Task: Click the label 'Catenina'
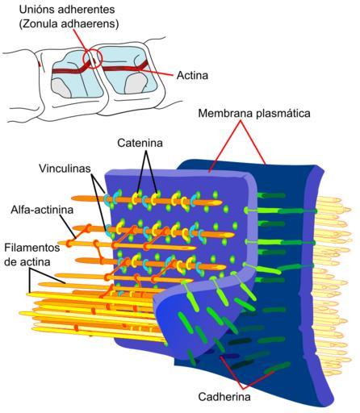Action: pos(140,143)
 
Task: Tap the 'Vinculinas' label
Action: pos(65,169)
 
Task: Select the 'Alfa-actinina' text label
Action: pos(42,210)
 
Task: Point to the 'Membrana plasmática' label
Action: pos(254,113)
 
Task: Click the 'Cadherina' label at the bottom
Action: pos(224,397)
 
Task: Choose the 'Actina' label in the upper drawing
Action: pos(192,75)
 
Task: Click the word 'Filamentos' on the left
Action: pos(32,248)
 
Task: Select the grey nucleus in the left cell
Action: pos(61,88)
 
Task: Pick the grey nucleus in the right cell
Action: pos(136,84)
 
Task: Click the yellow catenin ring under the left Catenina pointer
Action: pos(135,198)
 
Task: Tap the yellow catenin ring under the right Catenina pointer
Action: pos(153,199)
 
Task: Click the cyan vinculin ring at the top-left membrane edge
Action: pos(107,200)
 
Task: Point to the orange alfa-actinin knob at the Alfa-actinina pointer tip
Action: pos(69,243)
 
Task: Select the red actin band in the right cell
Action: pos(125,68)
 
